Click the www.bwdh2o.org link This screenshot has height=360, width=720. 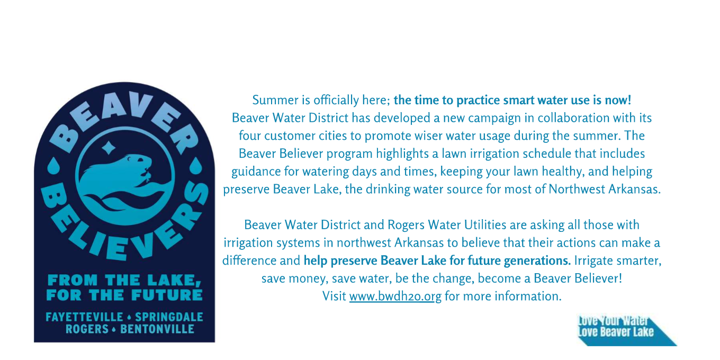coord(395,296)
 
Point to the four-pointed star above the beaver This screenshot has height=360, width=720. coord(109,148)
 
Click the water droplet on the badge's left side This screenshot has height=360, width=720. coord(53,166)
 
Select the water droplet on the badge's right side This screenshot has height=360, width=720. coord(196,166)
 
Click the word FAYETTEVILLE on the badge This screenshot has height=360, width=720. coord(84,317)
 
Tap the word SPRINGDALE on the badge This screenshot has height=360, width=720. coord(169,317)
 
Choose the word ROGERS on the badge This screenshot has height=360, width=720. coord(87,329)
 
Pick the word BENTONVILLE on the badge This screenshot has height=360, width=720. coord(157,329)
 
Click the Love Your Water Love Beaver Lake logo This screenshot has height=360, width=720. coord(626,331)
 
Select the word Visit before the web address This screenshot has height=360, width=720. coord(334,296)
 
